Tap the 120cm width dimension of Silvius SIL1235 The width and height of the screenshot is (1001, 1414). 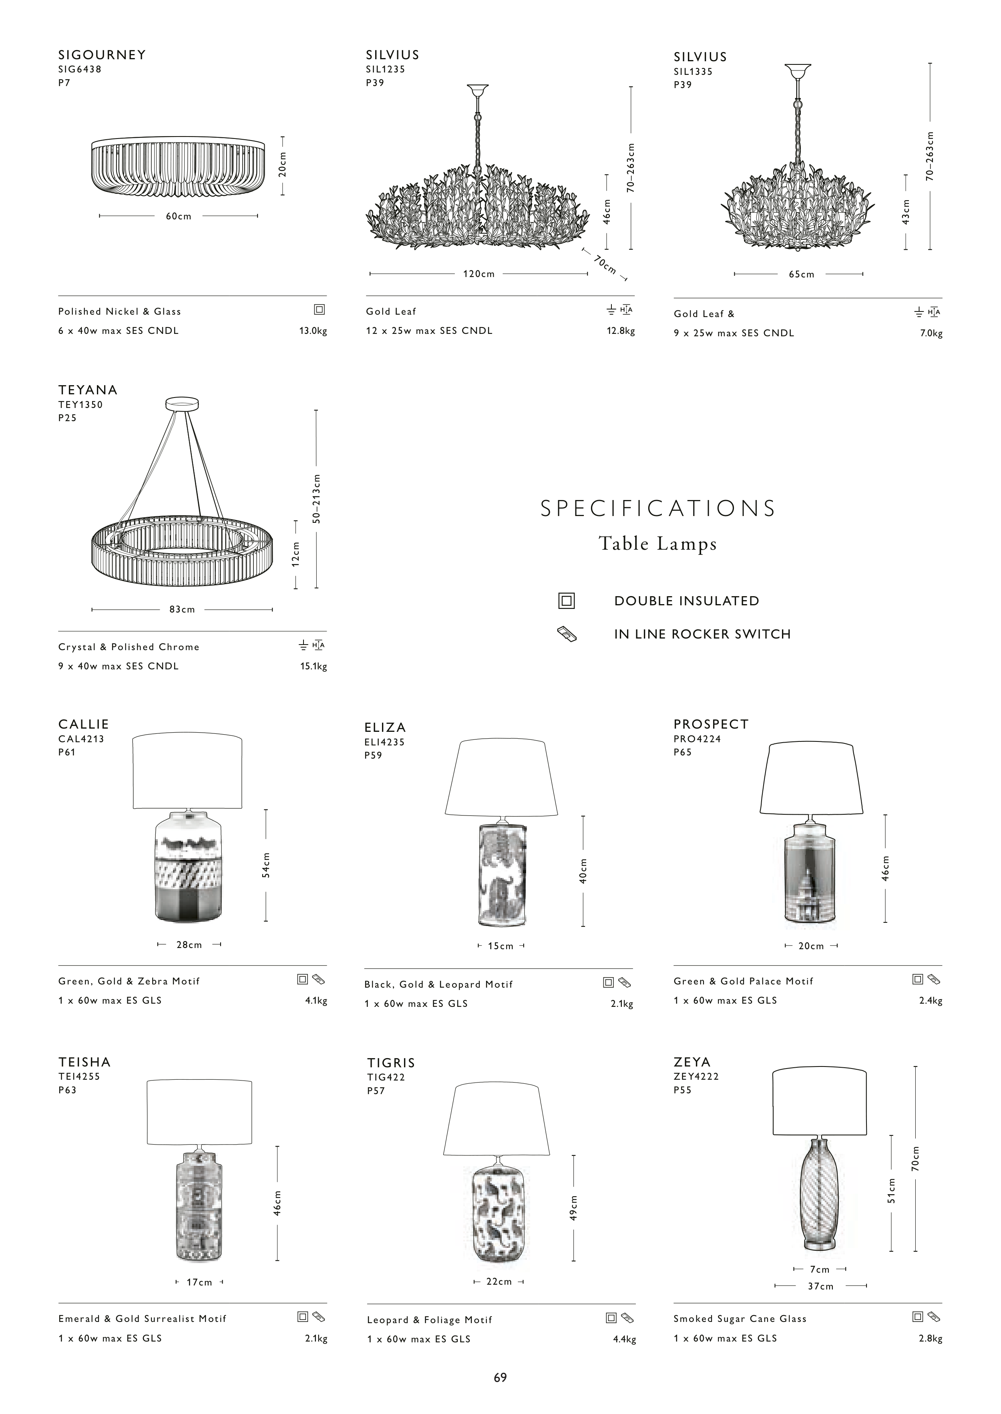[x=479, y=274]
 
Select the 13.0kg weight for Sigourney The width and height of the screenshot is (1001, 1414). [x=313, y=331]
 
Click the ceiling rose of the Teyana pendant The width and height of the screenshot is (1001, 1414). [x=183, y=404]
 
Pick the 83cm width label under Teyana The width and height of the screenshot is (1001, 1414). [x=183, y=609]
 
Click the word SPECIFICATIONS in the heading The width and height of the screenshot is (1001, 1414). [x=658, y=508]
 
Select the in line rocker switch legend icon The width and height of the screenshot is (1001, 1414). [x=567, y=634]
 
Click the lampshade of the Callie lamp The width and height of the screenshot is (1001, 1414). [x=187, y=771]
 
